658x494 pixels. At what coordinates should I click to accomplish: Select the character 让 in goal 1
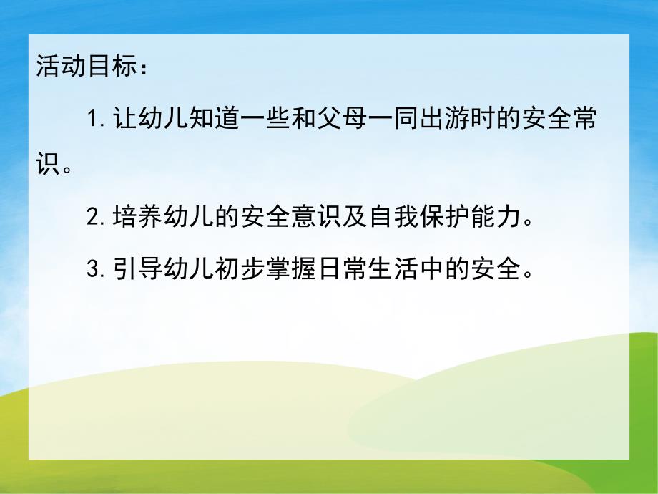(x=122, y=119)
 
